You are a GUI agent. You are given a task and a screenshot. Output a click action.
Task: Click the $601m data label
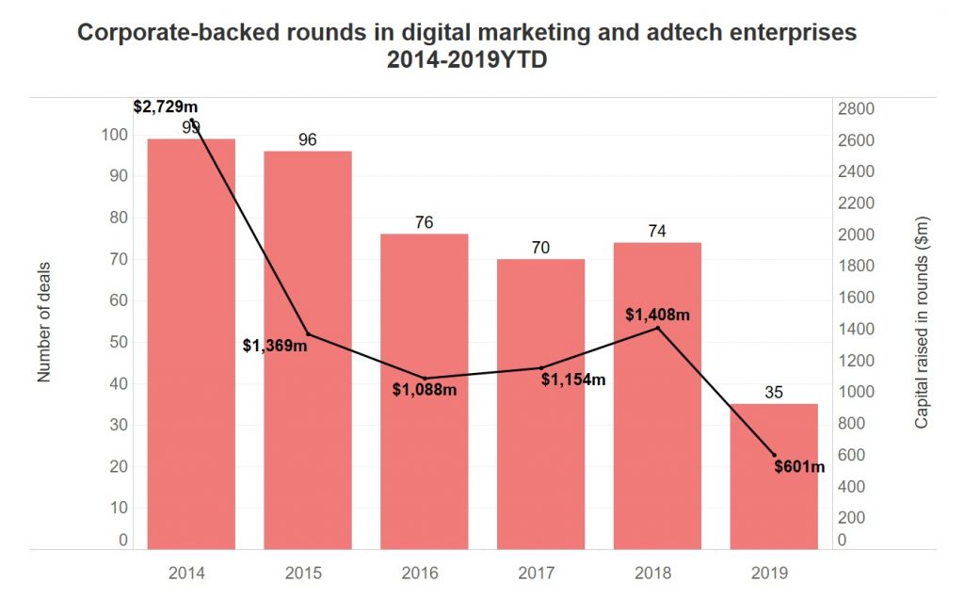799,466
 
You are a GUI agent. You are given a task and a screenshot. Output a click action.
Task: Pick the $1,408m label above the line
657,314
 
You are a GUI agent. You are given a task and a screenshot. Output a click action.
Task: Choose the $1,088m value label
424,389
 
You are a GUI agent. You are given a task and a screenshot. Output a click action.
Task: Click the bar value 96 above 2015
307,140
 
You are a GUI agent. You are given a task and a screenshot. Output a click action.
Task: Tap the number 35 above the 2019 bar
774,393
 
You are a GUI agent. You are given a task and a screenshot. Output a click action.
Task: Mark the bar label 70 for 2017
540,248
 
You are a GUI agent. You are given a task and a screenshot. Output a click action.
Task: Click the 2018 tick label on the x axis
657,572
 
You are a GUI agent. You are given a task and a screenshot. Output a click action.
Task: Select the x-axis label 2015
307,572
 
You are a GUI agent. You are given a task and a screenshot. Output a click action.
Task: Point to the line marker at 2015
308,334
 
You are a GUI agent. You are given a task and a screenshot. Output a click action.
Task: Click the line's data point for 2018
657,328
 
